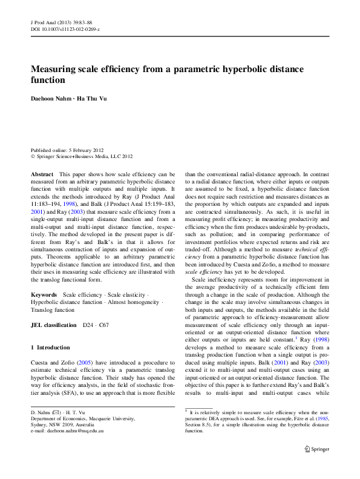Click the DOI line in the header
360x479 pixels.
coord(65,29)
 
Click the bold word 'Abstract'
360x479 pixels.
coord(42,174)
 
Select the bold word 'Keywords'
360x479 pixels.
coord(44,294)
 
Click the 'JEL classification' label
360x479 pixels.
coord(54,325)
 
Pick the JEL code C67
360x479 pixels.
coord(103,325)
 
